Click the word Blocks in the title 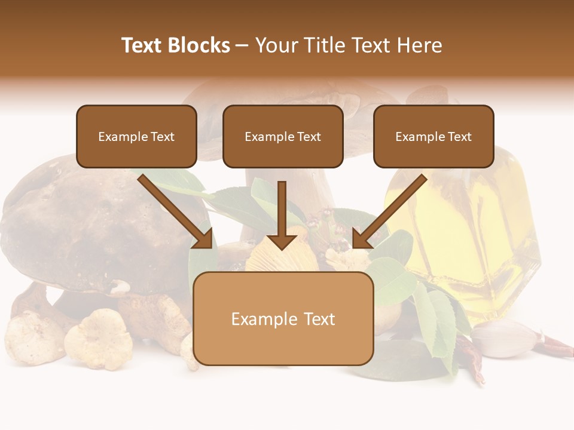[x=199, y=45]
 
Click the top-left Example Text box [x=136, y=137]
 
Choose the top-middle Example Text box [x=283, y=137]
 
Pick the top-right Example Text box [x=433, y=137]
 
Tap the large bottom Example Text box [x=283, y=319]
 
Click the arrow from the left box [x=176, y=211]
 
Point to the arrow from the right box [x=389, y=211]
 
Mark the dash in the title [x=242, y=45]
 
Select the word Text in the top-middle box [x=309, y=137]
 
